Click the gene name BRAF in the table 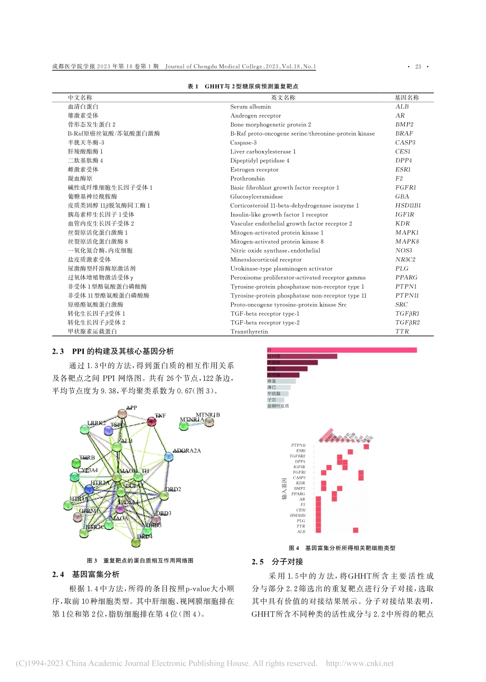tap(404, 134)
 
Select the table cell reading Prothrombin tap(247, 179)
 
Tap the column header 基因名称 tap(406, 97)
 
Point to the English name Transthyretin tap(249, 332)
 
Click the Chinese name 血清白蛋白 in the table tap(83, 106)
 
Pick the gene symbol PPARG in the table tap(406, 277)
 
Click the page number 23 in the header tap(418, 67)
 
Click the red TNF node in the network tap(151, 422)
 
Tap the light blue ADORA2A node tap(168, 456)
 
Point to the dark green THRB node tap(76, 464)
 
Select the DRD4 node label tap(145, 537)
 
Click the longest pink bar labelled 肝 tap(342, 350)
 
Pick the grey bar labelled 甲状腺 tap(278, 393)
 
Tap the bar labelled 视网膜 tap(302, 356)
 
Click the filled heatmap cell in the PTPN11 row tap(366, 446)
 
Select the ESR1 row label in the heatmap tap(300, 451)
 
